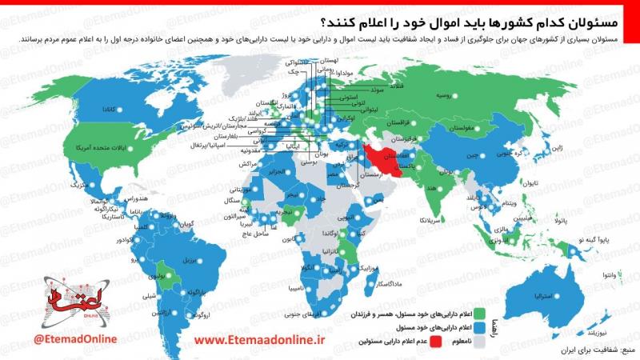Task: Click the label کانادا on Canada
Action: tap(105, 108)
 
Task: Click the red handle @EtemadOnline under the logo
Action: tap(75, 339)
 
